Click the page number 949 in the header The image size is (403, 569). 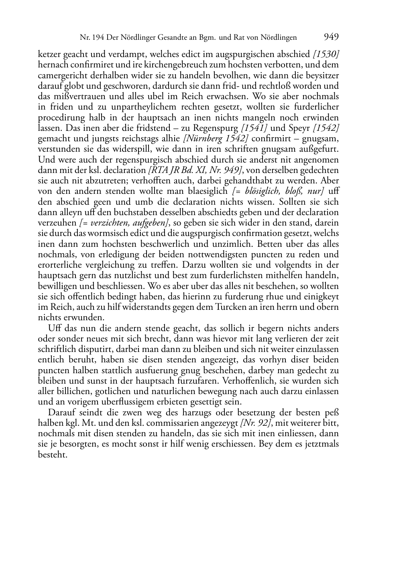331,37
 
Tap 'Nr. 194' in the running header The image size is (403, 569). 90,38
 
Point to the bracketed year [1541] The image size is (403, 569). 254,128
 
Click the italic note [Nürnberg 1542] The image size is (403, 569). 216,138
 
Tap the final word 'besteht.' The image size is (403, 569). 52,455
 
